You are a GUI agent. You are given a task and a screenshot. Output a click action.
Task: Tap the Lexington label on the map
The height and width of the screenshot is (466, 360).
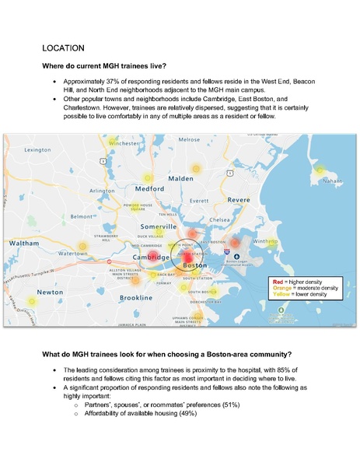38,149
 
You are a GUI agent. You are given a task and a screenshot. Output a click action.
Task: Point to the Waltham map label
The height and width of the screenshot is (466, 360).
23,244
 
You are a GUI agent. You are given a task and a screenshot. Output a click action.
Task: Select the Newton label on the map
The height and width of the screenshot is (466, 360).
30,292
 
